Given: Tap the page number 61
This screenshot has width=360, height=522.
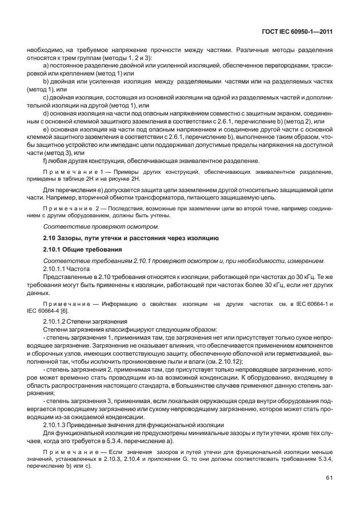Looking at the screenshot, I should (329, 494).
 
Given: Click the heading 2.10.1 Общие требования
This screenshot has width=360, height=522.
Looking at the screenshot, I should (77, 250).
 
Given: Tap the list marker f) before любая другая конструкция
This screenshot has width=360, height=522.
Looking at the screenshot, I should (46, 160).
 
